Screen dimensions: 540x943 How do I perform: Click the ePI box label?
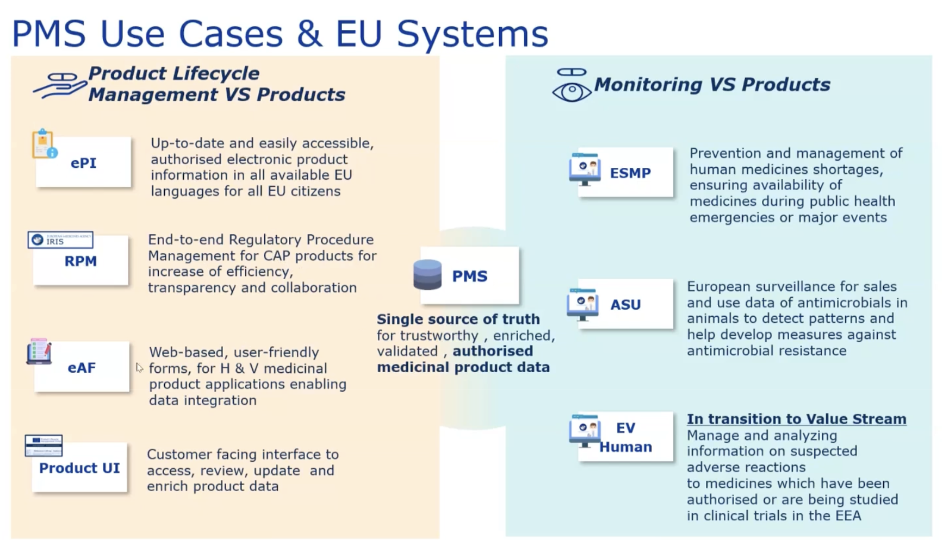(83, 163)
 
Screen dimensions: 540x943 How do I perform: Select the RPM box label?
(80, 261)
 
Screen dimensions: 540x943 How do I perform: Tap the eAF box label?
(82, 368)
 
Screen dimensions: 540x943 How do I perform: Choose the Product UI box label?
(79, 468)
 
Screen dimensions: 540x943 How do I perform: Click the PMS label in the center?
(469, 276)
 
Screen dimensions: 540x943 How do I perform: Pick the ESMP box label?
(630, 173)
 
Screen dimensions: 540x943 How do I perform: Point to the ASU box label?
(625, 305)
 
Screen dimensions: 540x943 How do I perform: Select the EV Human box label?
(625, 437)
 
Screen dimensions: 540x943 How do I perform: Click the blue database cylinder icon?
(427, 274)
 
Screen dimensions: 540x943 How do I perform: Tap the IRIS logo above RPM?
(60, 240)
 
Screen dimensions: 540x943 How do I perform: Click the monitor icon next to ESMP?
(585, 169)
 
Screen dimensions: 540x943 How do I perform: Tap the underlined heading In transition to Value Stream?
(796, 419)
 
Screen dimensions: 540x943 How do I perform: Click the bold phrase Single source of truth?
(458, 319)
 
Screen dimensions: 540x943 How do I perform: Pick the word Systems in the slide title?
(472, 34)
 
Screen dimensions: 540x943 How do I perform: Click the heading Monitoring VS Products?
(712, 85)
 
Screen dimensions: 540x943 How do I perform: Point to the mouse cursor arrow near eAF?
(139, 367)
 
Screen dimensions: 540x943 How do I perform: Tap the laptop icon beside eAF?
(39, 351)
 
